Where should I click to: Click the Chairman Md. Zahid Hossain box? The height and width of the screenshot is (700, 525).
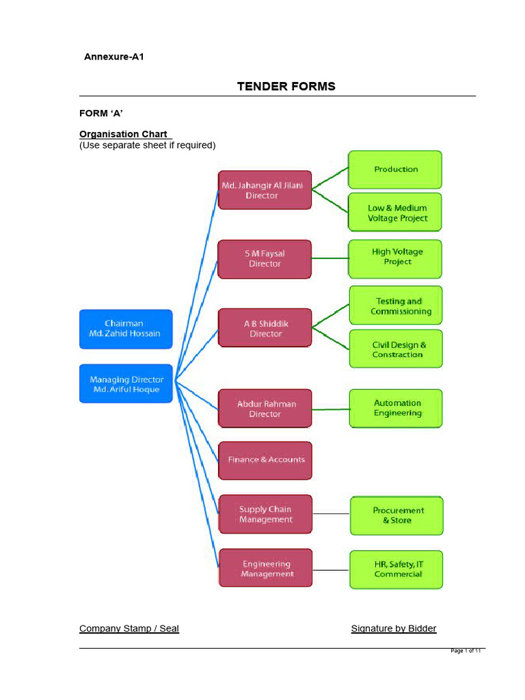click(x=126, y=328)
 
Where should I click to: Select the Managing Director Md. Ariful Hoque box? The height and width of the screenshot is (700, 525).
click(x=126, y=383)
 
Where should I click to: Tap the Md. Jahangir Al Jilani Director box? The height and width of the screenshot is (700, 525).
click(x=265, y=189)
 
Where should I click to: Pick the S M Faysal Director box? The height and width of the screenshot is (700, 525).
click(x=265, y=258)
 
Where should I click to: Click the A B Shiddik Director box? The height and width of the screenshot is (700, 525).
click(x=265, y=328)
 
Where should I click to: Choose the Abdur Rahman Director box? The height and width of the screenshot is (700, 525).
click(x=265, y=408)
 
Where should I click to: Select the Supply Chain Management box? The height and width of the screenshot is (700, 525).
click(x=265, y=514)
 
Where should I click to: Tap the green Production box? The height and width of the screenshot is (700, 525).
click(x=395, y=170)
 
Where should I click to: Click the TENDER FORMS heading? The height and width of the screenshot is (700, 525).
click(x=286, y=86)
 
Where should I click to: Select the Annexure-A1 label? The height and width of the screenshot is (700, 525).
click(x=113, y=57)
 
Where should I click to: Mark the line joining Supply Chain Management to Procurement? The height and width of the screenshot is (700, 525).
click(x=331, y=513)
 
